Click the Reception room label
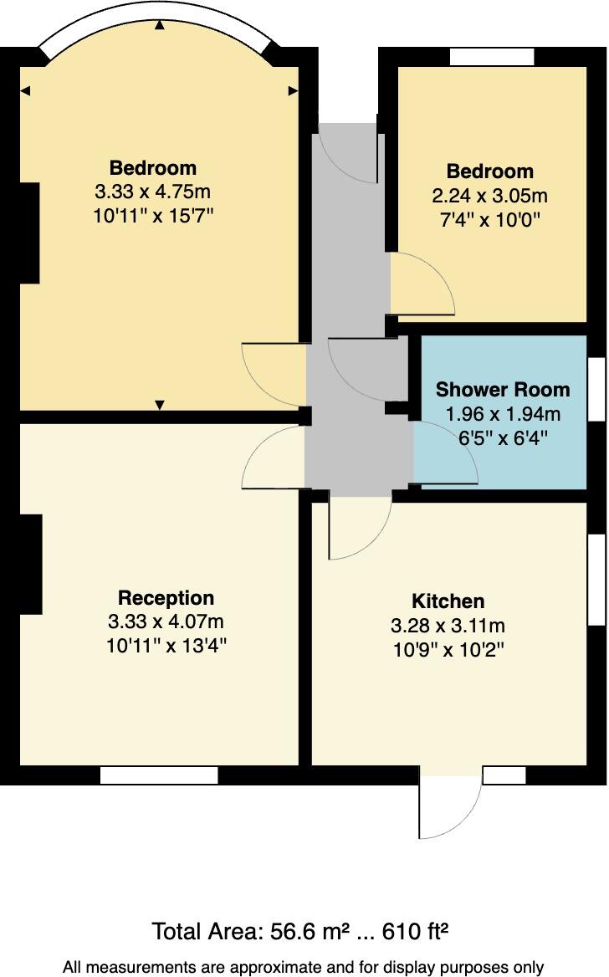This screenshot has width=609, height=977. click(x=166, y=598)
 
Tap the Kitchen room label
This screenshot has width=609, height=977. click(x=448, y=601)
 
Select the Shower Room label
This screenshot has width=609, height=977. click(x=502, y=389)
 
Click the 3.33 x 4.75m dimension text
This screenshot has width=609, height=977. click(x=153, y=192)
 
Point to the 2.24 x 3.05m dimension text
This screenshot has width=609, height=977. click(x=489, y=197)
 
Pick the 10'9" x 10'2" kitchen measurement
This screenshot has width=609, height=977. click(x=448, y=649)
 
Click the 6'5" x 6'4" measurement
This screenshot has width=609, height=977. click(x=502, y=437)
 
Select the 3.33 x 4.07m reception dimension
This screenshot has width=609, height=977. click(x=166, y=621)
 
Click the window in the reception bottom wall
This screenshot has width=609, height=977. click(x=159, y=775)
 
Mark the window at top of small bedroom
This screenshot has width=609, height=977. click(x=492, y=56)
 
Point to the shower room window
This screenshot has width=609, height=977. click(x=596, y=390)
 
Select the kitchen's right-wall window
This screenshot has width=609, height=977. click(x=596, y=580)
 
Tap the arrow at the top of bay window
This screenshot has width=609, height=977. click(x=159, y=24)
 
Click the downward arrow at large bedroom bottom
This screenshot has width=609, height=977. click(x=160, y=405)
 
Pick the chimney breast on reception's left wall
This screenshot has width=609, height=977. click(x=30, y=564)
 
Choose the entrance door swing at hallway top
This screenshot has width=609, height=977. click(x=350, y=155)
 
